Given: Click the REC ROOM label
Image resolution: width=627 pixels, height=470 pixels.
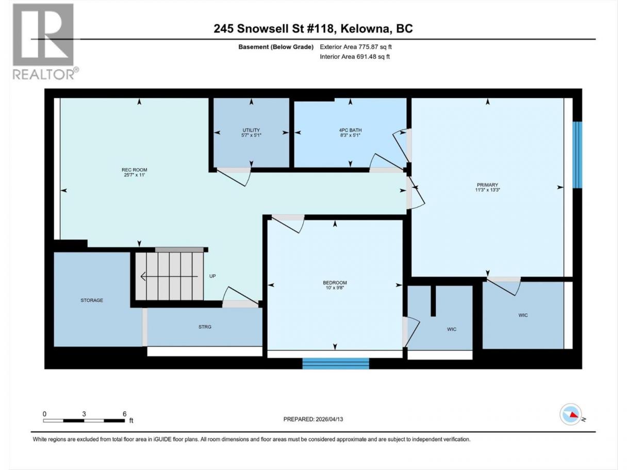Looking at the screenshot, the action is [x=134, y=172].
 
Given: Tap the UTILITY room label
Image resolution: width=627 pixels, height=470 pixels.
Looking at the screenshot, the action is [x=251, y=132].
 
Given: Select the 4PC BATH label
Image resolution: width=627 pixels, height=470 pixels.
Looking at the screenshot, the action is [x=350, y=132].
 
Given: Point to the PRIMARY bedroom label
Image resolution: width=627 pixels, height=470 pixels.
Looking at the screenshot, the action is [x=487, y=187].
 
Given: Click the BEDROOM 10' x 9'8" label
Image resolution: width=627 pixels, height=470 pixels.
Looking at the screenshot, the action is [x=335, y=285].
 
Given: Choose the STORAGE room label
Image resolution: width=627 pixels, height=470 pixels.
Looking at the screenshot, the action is [x=92, y=300].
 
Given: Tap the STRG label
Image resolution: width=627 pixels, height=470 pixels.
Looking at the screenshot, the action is [x=205, y=327].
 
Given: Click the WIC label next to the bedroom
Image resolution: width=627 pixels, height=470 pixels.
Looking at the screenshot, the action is [x=452, y=329].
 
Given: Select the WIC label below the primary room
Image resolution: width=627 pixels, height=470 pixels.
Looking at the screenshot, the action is [x=523, y=315].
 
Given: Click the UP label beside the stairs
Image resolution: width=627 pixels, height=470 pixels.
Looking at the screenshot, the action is [x=212, y=276].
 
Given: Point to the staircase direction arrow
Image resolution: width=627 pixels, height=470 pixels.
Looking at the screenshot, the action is [x=169, y=277].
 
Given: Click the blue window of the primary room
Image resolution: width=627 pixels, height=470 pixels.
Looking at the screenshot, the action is [x=577, y=155].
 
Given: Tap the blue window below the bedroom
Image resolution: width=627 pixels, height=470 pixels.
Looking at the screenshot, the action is [x=336, y=363].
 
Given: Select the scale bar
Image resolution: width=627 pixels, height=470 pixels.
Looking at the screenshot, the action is [x=84, y=421].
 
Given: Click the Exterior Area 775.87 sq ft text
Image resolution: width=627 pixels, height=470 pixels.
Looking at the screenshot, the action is [x=356, y=47].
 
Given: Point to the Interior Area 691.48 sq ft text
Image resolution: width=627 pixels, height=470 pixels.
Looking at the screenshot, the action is [x=354, y=57].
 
